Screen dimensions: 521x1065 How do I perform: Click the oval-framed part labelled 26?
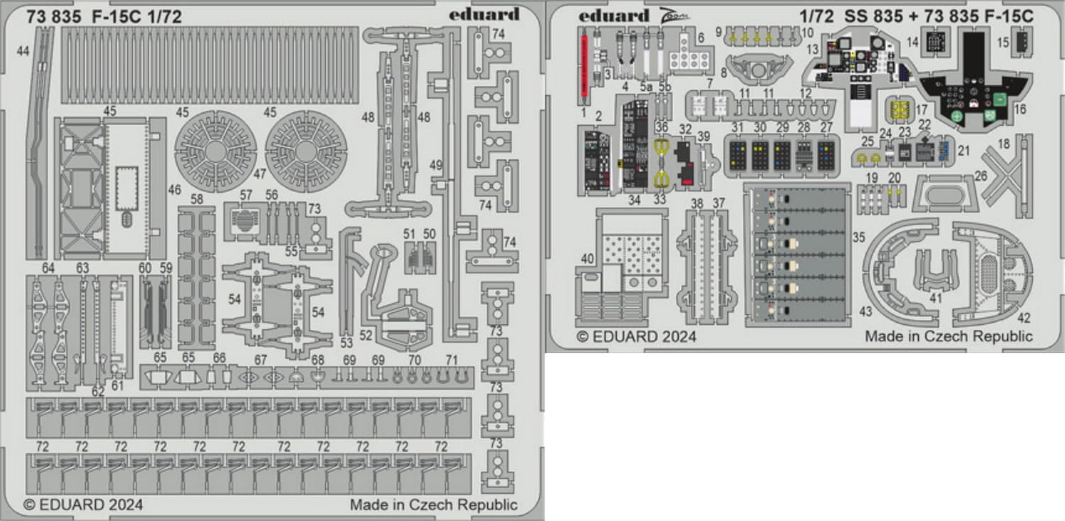[941, 192]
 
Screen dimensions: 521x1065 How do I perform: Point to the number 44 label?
[24, 50]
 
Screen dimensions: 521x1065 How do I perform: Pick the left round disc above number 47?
[214, 150]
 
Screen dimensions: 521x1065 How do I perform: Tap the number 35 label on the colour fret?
[858, 237]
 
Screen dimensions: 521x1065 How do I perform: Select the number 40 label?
[586, 260]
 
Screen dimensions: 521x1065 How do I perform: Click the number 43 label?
[865, 311]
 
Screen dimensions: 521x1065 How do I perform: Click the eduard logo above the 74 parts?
[484, 15]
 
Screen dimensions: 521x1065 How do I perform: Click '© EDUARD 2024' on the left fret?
[84, 505]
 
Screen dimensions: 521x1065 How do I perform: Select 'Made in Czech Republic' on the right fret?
[948, 336]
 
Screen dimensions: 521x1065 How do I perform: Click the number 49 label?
[435, 165]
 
